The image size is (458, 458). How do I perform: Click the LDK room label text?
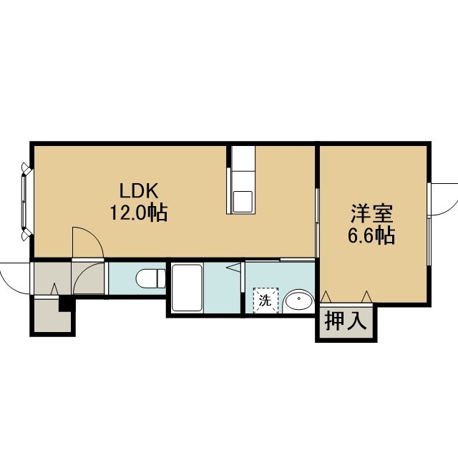[x=139, y=191]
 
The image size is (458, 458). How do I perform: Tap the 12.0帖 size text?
[x=138, y=213]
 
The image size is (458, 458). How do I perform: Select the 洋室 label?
[x=371, y=214]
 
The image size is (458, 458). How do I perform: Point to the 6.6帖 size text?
[x=371, y=235]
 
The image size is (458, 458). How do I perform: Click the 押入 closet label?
[x=346, y=321]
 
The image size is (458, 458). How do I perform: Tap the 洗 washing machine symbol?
[x=265, y=301]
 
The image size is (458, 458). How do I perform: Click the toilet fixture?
[x=151, y=278]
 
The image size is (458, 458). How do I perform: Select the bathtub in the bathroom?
[x=187, y=288]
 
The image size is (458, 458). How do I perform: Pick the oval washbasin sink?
[x=299, y=299]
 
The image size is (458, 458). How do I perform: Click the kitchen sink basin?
[x=243, y=202]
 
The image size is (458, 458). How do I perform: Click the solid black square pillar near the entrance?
[x=64, y=304]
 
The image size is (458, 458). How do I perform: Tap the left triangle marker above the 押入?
[x=326, y=297]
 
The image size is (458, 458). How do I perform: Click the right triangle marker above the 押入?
[x=367, y=297]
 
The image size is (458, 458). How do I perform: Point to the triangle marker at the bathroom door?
[x=234, y=268]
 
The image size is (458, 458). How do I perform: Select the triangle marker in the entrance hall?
[x=54, y=289]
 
